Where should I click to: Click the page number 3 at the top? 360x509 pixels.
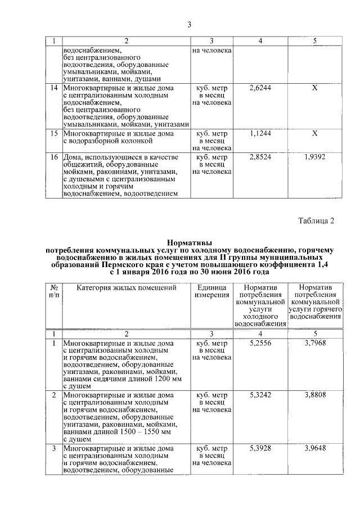click(x=189, y=24)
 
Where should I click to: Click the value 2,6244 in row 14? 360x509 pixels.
click(x=260, y=88)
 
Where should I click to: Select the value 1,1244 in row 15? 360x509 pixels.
click(x=260, y=133)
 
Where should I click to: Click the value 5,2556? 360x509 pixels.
click(x=260, y=342)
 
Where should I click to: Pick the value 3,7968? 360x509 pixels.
click(x=315, y=342)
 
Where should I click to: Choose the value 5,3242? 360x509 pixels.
click(x=260, y=395)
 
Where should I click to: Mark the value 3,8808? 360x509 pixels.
click(x=315, y=395)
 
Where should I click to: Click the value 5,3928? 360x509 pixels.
click(x=260, y=448)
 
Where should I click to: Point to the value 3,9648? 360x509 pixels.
click(x=315, y=448)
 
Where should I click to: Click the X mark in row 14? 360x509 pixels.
click(x=315, y=88)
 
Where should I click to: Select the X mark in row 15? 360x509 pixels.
click(x=315, y=133)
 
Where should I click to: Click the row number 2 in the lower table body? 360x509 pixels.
click(x=54, y=395)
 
